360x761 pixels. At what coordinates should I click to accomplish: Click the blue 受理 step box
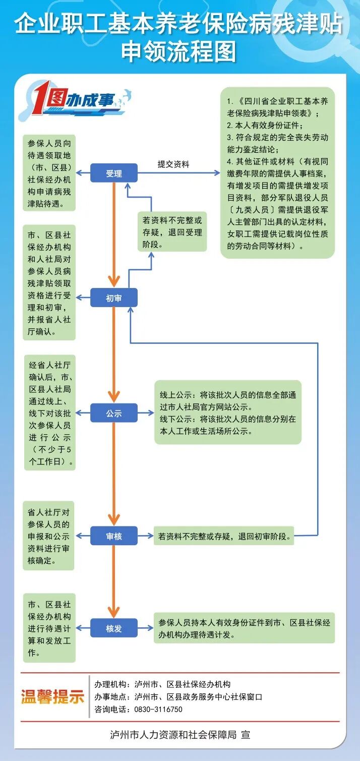(114, 173)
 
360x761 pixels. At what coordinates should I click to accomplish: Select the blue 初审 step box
(114, 298)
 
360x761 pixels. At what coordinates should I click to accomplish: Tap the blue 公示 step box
(114, 413)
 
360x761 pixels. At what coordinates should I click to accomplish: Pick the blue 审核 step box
(114, 536)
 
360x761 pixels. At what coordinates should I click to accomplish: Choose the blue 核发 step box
(114, 628)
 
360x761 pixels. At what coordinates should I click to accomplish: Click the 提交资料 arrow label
(173, 164)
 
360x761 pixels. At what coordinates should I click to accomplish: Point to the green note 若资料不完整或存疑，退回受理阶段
(172, 231)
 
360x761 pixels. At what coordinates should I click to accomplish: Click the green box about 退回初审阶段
(224, 536)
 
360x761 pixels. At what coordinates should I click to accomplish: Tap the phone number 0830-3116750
(158, 710)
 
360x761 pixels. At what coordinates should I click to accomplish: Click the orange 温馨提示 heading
(52, 696)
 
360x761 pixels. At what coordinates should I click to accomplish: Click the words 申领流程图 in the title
(179, 52)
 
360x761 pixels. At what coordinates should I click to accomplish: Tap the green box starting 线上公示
(228, 413)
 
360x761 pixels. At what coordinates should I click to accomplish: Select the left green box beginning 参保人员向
(49, 173)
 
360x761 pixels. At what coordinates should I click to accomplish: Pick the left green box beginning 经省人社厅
(50, 413)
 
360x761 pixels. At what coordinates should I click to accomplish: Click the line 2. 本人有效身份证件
(265, 126)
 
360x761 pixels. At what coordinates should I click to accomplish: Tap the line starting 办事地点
(178, 697)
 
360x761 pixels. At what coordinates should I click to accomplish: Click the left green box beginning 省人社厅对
(48, 536)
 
